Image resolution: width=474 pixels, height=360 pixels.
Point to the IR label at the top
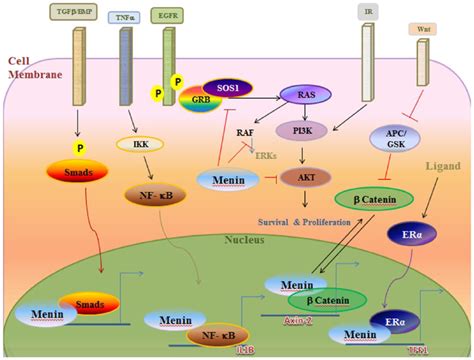(x=369, y=13)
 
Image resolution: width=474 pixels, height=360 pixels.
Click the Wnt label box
(x=420, y=29)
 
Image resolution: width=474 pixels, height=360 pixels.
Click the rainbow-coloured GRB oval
(x=200, y=102)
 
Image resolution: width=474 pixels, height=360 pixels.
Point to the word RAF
(x=245, y=131)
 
